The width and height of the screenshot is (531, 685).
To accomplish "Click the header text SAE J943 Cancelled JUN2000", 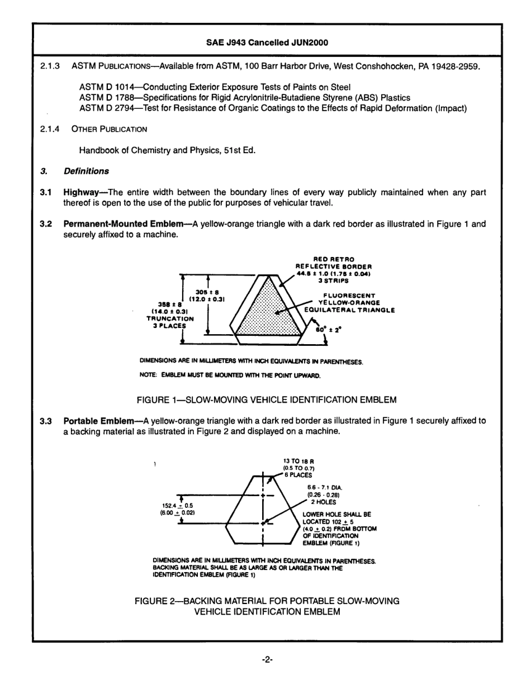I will tap(265, 42).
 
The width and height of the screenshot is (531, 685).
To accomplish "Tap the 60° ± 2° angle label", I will tap(323, 330).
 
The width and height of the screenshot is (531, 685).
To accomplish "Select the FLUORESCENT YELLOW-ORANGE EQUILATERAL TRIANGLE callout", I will tap(349, 303).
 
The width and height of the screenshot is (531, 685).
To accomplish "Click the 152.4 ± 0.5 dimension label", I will tap(177, 506).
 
